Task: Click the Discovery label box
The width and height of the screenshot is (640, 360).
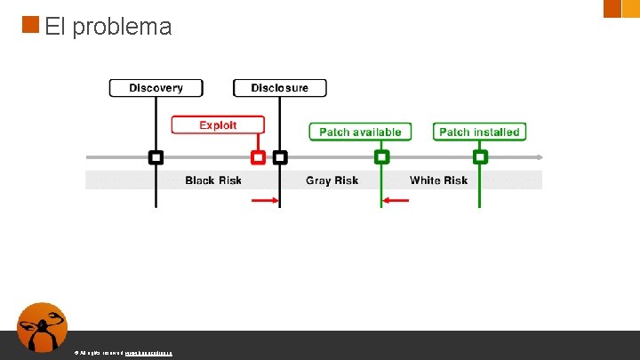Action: tap(156, 88)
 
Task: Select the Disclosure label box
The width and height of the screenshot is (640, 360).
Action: tap(279, 88)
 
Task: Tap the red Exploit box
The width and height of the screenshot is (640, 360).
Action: tap(218, 125)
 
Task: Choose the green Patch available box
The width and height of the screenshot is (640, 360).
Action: tap(360, 132)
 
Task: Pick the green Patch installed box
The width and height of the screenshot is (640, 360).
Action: tap(479, 132)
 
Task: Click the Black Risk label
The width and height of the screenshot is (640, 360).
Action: tap(213, 180)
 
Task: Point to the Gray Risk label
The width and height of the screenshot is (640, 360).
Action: tap(332, 180)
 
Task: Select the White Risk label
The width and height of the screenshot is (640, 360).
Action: tap(438, 180)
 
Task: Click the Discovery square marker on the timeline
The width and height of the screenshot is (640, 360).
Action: tap(156, 157)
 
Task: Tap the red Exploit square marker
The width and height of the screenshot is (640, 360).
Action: tap(258, 157)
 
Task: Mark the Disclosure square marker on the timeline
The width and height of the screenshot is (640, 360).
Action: tap(280, 157)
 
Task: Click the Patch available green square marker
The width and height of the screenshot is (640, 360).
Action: tap(381, 157)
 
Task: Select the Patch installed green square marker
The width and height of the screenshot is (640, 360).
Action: tap(480, 157)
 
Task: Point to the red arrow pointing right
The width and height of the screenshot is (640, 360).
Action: tap(265, 201)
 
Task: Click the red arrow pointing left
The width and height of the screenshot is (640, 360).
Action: tap(396, 201)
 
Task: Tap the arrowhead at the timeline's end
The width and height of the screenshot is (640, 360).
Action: tap(539, 157)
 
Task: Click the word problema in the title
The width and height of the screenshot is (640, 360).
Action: tap(122, 28)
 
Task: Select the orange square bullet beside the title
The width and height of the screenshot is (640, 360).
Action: tap(30, 24)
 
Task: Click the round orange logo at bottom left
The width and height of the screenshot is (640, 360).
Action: tap(43, 327)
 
